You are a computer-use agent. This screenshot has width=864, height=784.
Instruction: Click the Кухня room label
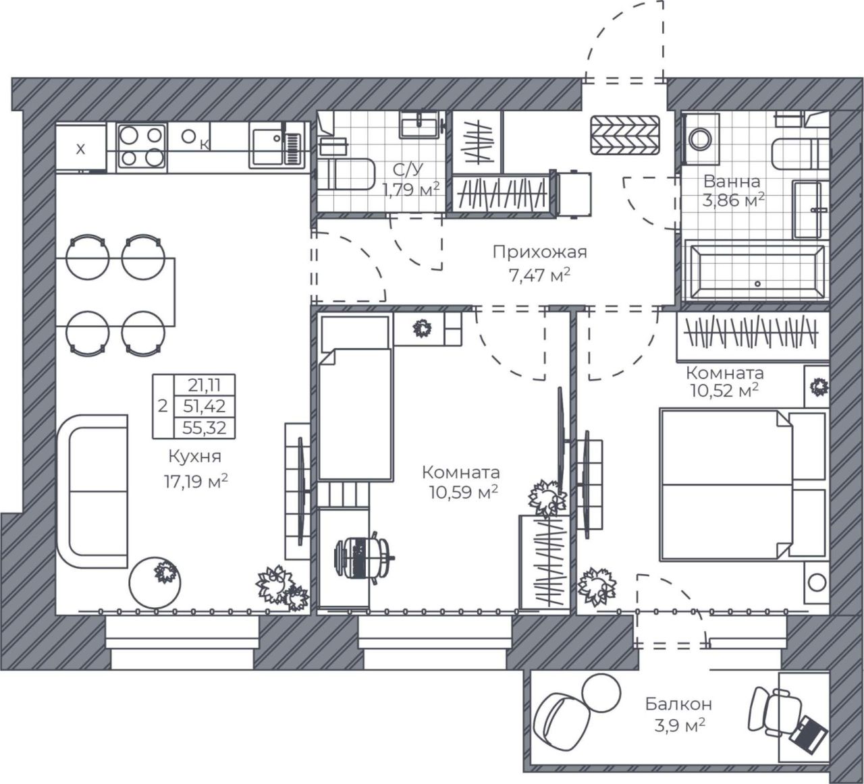194,456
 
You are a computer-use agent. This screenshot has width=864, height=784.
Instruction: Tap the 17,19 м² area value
196,481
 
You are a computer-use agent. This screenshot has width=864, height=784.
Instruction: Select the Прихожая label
540,252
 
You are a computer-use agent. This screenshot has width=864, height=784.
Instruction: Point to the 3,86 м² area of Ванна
734,200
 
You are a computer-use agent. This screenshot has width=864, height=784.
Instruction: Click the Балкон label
679,704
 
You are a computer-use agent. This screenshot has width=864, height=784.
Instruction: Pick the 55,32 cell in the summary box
204,428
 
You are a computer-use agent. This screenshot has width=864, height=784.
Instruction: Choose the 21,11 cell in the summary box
204,385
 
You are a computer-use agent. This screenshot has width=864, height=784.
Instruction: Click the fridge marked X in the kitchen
81,148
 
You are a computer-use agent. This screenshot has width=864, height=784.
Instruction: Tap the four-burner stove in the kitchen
141,147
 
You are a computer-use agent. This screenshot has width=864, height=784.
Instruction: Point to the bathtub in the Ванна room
755,272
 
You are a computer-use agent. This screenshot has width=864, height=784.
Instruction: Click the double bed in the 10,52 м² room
743,485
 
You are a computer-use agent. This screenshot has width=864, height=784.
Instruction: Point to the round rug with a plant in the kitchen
155,583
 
